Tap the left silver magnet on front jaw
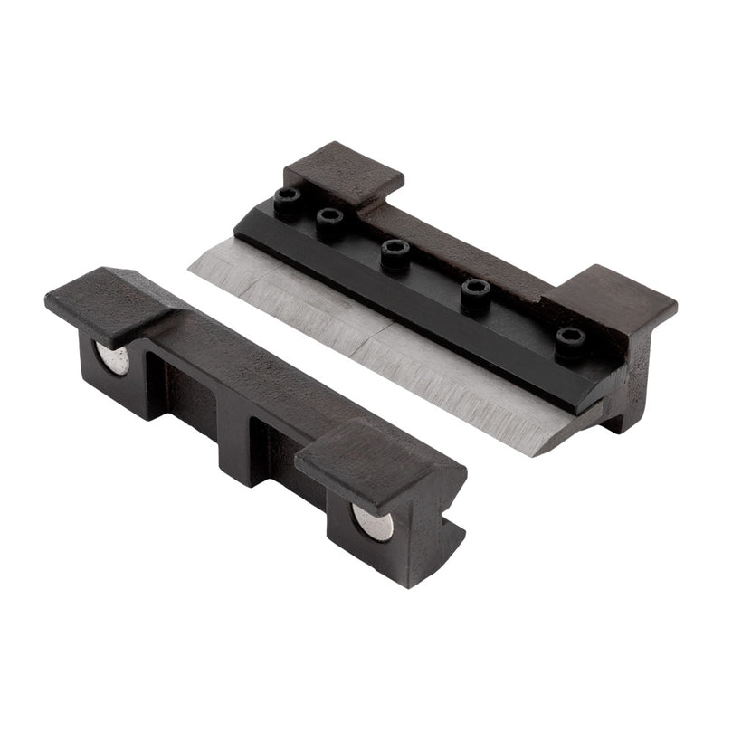pyautogui.click(x=113, y=359)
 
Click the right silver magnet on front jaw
pyautogui.click(x=372, y=522)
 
